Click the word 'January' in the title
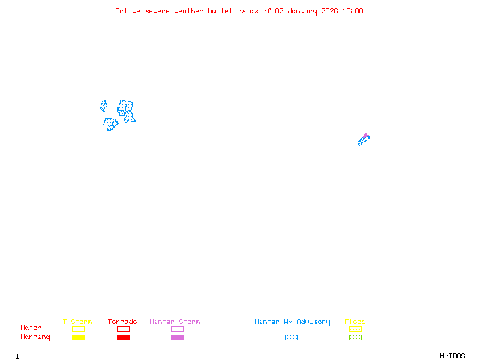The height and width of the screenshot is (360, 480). (x=301, y=11)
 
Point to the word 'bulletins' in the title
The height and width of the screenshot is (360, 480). (x=227, y=11)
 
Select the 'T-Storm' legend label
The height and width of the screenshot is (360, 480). (x=77, y=322)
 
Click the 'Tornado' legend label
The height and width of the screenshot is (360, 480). (x=122, y=322)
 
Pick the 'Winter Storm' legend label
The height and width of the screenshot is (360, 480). (x=175, y=322)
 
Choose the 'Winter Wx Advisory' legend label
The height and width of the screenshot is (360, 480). (x=292, y=322)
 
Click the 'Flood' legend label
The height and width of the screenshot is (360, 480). (x=355, y=322)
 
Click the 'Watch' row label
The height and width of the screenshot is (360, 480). (x=31, y=328)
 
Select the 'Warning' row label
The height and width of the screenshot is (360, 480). (x=35, y=337)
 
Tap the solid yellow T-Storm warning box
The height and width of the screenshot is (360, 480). (x=78, y=337)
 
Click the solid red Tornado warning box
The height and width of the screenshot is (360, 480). (x=123, y=337)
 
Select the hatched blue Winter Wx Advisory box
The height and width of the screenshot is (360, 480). (x=291, y=337)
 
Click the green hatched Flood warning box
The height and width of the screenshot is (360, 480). (x=355, y=337)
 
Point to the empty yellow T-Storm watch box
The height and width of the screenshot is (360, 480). (x=78, y=329)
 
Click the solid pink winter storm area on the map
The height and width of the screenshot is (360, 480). (x=366, y=136)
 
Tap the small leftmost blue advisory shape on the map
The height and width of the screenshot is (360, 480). (x=104, y=106)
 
